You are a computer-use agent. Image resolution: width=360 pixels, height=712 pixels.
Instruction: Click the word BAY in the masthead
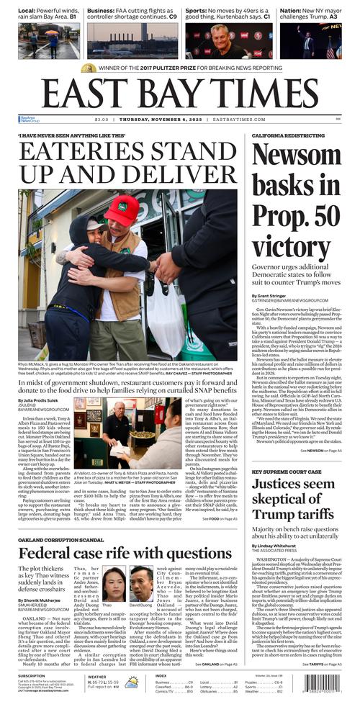171,93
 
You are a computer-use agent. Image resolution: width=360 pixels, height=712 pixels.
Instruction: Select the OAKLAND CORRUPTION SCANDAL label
61,541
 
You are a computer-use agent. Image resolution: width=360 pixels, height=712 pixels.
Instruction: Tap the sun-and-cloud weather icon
131,682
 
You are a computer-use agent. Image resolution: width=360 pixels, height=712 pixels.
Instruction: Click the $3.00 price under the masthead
102,120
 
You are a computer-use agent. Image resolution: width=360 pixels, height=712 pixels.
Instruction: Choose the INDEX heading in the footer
161,676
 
